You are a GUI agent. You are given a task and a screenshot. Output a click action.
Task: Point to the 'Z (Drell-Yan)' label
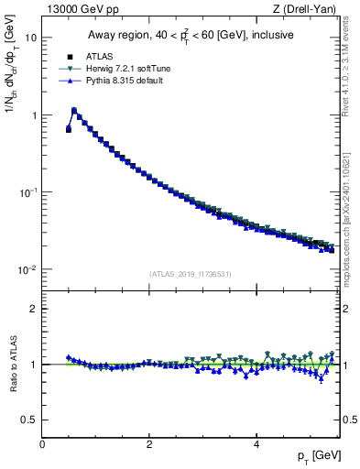pos(309,10)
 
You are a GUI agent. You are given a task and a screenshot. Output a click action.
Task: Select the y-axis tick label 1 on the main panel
pos(34,115)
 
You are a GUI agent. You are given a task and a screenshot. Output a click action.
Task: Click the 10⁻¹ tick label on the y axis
pos(29,192)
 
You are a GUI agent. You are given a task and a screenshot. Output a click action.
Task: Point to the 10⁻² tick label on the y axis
pos(29,269)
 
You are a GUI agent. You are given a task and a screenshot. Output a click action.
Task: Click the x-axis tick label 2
pos(148,444)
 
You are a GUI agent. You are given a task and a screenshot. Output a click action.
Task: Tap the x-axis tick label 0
pos(42,444)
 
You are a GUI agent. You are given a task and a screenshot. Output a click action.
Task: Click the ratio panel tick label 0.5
pos(30,420)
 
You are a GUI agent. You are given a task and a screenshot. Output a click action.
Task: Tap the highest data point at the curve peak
pos(74,110)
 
